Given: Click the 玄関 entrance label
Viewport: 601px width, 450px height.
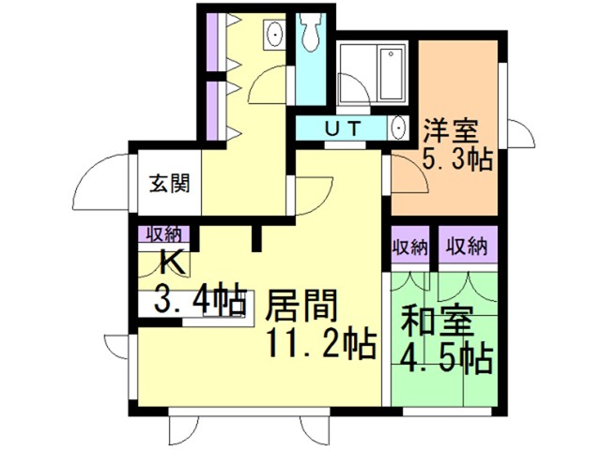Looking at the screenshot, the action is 169,184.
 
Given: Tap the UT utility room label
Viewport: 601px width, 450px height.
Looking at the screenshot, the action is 343,127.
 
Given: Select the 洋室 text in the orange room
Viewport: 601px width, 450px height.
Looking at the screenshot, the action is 451,131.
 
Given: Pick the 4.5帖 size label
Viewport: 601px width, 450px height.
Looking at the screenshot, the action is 446,359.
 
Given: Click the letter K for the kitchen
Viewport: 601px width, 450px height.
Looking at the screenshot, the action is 173,262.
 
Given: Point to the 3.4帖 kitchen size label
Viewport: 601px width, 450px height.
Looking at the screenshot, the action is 199,298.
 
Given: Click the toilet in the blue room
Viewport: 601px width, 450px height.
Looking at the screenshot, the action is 311,33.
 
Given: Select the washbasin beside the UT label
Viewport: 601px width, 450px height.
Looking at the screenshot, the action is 398,127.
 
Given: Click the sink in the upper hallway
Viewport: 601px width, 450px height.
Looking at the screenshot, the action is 275,34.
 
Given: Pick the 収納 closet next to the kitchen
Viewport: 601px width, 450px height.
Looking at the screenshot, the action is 164,234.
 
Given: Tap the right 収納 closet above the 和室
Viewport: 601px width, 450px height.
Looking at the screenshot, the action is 468,246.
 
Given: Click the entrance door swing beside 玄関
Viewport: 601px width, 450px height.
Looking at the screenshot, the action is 101,182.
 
